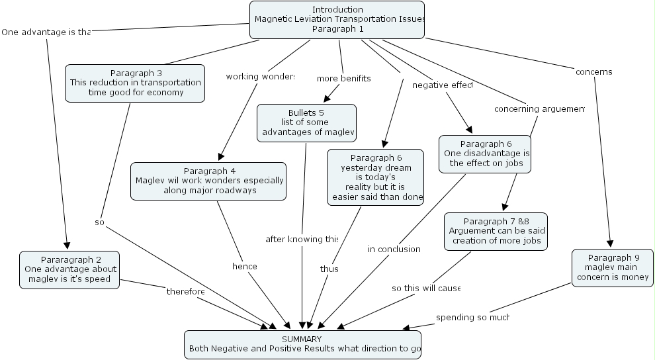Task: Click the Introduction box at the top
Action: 337,19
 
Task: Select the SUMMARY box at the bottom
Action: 302,343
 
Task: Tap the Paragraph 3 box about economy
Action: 135,83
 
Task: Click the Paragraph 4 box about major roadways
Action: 208,181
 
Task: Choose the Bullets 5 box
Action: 306,122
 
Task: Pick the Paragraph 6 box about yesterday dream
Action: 375,177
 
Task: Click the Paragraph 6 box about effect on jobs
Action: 484,154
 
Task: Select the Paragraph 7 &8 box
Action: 496,231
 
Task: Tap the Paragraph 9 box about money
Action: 612,267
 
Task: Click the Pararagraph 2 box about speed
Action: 69,269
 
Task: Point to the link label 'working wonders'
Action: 259,76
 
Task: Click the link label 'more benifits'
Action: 343,78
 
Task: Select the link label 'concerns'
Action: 593,71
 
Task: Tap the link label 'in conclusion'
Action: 394,249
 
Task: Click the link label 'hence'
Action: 244,266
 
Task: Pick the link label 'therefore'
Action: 185,291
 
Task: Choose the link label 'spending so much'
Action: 472,317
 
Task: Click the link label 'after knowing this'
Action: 302,238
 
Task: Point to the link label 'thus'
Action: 329,269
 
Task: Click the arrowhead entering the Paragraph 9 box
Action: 610,244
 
